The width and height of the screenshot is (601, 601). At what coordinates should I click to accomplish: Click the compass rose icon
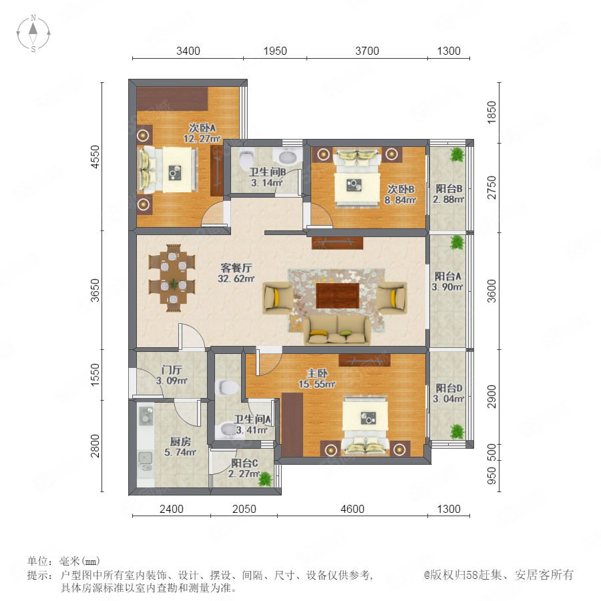pos(33,33)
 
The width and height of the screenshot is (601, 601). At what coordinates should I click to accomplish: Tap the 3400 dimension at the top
pos(188,51)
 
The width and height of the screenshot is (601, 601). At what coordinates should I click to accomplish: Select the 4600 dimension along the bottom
pos(352,509)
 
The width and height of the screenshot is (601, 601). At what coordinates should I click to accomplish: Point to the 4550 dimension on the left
pos(95,156)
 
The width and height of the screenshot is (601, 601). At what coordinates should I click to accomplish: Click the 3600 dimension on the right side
pos(491,291)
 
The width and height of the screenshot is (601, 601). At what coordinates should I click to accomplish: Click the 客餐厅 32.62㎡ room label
pos(236,273)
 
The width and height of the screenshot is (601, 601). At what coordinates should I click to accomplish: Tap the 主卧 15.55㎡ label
pos(317,379)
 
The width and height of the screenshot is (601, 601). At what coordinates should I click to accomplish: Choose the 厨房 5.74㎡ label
pos(180,447)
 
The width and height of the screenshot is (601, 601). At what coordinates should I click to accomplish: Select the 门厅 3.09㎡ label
pos(172,375)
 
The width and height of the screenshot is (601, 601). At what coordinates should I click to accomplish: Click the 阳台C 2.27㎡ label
pos(244,468)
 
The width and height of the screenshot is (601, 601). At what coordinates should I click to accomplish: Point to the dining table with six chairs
pos(172,278)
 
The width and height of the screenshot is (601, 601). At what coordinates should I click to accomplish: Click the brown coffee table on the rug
pos(338,296)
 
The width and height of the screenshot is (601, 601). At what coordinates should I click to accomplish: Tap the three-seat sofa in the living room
pos(337,329)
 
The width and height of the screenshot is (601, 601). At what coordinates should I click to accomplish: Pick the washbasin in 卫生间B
pos(286,157)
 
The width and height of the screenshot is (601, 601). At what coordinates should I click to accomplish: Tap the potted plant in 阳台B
pos(457,154)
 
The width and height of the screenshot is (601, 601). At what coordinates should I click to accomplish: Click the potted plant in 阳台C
pos(265,479)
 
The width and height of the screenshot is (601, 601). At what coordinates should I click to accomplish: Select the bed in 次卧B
pos(357,177)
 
